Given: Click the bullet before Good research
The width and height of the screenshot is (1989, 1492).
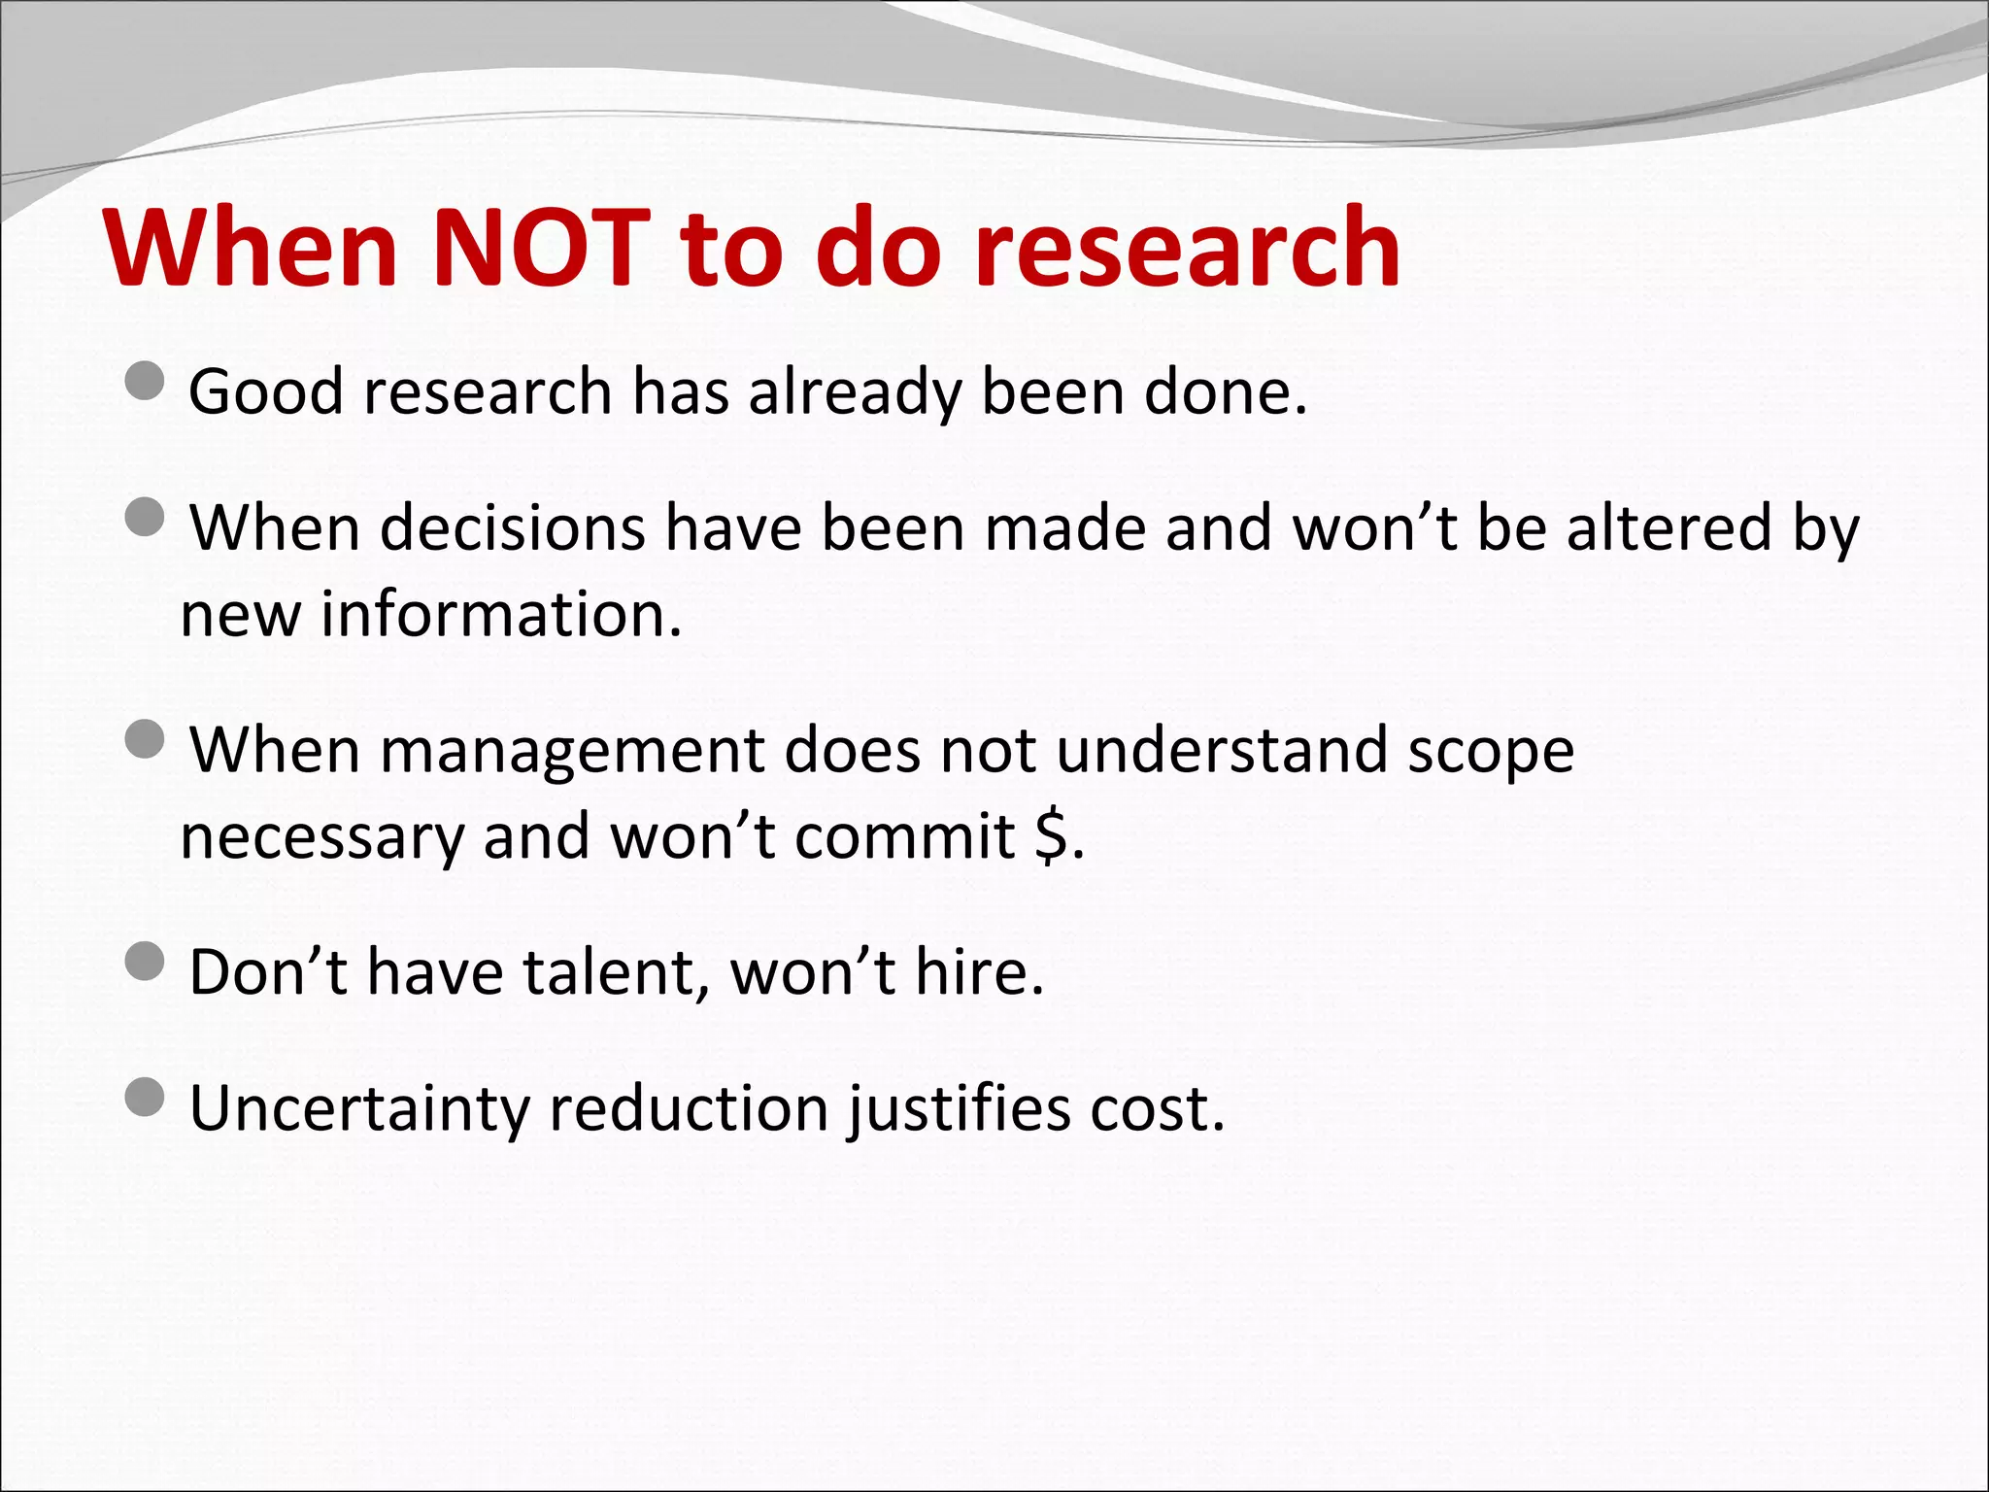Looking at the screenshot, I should tap(146, 381).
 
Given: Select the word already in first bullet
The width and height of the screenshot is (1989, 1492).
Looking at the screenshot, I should tap(855, 393).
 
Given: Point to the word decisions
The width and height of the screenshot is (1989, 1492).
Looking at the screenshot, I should tap(513, 529).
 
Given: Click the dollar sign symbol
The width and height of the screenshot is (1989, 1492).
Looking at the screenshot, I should tap(1051, 837).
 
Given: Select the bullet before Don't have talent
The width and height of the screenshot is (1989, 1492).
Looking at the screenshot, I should tap(146, 961).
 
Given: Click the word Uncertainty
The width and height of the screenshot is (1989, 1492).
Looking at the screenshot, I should tap(359, 1109).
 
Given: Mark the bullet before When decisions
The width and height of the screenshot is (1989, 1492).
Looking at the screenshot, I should tap(146, 517).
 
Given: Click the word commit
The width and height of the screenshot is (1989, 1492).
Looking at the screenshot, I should tap(905, 837).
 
